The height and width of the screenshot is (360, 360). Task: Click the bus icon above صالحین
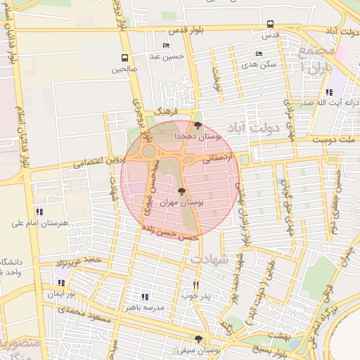[x=124, y=58]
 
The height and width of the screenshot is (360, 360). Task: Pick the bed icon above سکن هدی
[x=259, y=53]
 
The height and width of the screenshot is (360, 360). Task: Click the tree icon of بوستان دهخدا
[x=198, y=124]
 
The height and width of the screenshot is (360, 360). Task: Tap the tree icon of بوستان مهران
[x=181, y=191]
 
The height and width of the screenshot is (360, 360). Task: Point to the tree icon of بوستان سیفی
[x=198, y=338]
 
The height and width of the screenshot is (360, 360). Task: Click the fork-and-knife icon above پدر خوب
[x=195, y=285]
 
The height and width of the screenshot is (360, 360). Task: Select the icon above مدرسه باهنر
[x=145, y=297]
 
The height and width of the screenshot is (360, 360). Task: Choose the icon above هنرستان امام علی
[x=39, y=212]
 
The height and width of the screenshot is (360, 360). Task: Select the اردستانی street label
[x=218, y=159]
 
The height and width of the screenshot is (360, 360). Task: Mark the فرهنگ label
[x=169, y=110]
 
